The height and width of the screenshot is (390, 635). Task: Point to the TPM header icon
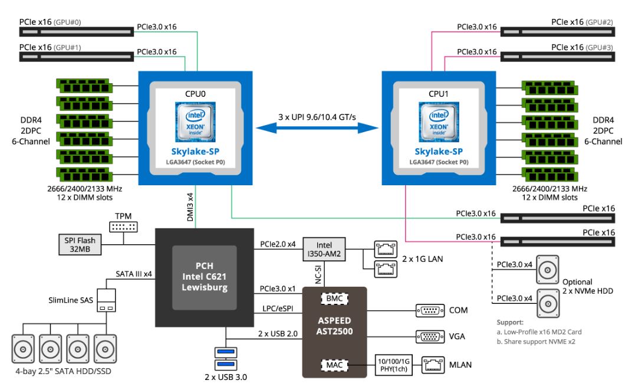(x=123, y=227)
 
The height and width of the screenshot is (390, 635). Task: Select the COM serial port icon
(x=430, y=310)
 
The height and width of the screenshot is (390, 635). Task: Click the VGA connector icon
(x=430, y=336)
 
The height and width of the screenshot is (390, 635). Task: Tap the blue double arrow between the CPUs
(x=318, y=127)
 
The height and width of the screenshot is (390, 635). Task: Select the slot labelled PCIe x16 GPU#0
(x=77, y=31)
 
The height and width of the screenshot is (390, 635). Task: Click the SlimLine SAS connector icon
(x=107, y=300)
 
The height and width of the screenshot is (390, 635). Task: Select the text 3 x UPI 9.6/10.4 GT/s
(x=318, y=117)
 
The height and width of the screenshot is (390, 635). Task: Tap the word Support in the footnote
(x=509, y=323)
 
